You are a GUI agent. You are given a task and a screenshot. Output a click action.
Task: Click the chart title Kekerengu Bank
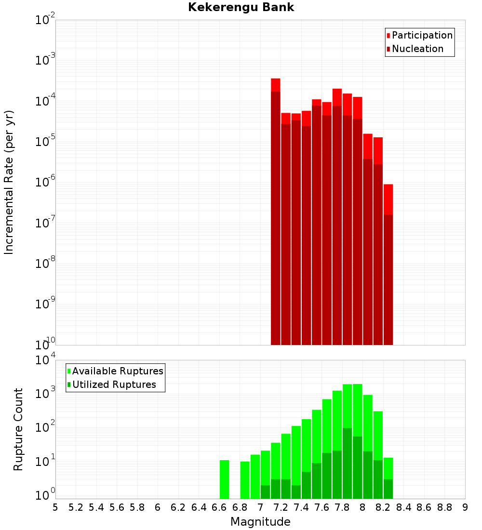(241, 7)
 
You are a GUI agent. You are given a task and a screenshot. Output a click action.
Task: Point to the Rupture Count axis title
(18, 429)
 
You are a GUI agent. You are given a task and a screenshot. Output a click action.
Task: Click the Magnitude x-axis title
(260, 522)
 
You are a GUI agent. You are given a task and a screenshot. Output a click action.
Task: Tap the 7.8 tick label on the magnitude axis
(342, 507)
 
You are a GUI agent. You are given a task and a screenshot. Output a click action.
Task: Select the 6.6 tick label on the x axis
(219, 507)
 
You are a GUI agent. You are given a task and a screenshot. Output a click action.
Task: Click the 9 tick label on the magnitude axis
(465, 507)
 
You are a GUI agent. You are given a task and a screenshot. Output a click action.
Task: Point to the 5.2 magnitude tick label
(76, 507)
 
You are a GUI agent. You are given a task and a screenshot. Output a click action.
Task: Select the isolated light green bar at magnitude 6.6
(224, 479)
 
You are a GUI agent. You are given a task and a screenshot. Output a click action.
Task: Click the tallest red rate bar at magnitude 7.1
(276, 212)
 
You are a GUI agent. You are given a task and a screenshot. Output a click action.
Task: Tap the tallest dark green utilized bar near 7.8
(347, 463)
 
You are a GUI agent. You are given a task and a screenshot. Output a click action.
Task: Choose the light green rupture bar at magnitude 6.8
(245, 480)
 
